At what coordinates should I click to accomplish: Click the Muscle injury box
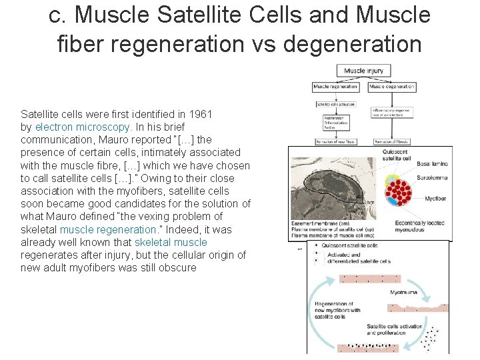[x=364, y=71]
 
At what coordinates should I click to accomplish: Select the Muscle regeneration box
[x=336, y=87]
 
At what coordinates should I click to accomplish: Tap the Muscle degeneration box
[x=392, y=87]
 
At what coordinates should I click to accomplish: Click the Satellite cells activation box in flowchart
[x=336, y=104]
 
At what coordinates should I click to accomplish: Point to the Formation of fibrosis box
[x=392, y=141]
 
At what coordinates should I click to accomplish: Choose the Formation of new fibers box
[x=336, y=141]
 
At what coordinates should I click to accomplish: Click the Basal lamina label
[x=431, y=164]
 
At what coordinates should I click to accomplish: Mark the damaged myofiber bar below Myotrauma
[x=419, y=307]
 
